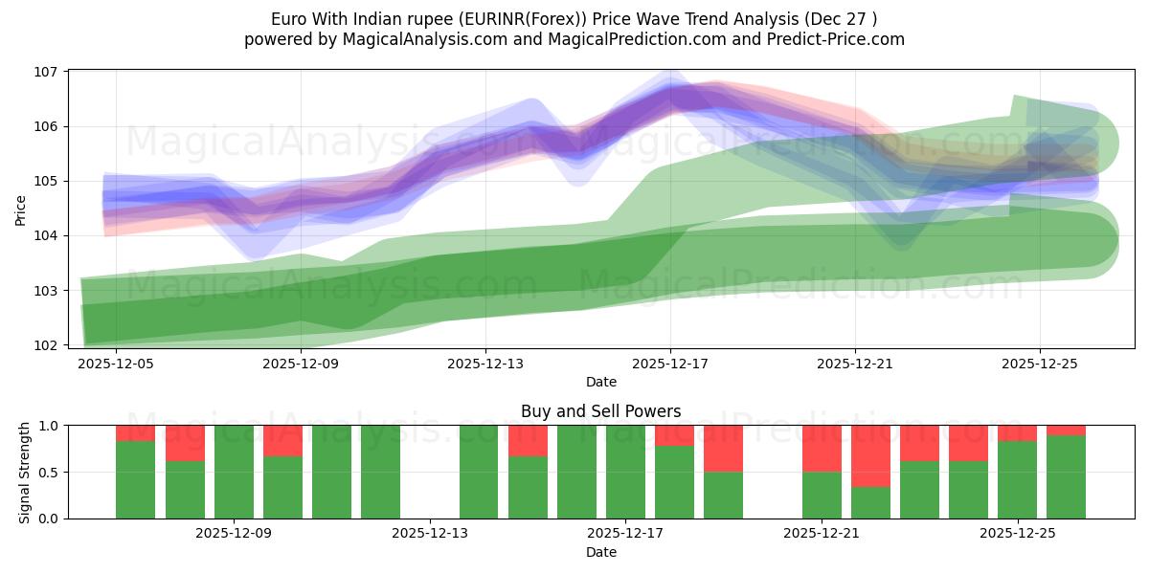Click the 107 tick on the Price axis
[x=48, y=72]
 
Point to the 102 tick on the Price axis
[x=48, y=344]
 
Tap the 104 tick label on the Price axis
[x=48, y=235]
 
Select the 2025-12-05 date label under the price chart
[x=117, y=364]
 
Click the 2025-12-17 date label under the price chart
[x=670, y=364]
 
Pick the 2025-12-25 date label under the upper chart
[x=1040, y=364]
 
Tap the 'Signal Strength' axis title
[x=25, y=472]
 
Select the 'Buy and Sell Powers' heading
[x=600, y=411]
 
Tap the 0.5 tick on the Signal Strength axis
[x=48, y=472]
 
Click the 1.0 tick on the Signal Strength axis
[x=48, y=426]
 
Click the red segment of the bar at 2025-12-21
[x=822, y=448]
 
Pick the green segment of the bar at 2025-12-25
[x=1017, y=478]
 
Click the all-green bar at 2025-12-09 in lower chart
[x=234, y=472]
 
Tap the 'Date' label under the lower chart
[x=600, y=552]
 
